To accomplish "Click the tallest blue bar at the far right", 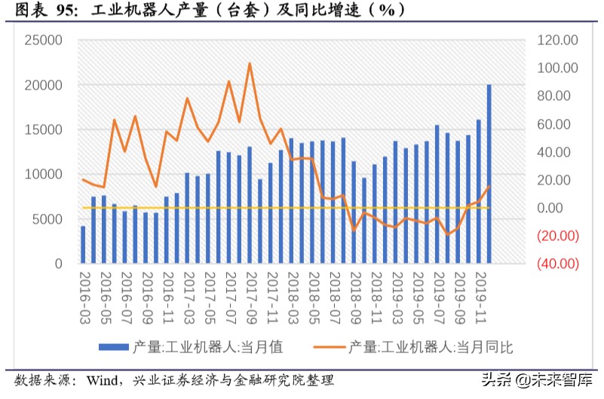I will pos(489,174).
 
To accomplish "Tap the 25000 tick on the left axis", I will pos(44,40).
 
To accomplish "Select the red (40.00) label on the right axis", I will pos(557,264).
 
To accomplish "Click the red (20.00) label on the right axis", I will pos(557,236).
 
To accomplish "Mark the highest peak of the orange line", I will pos(250,63).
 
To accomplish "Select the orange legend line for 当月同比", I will pos(326,347).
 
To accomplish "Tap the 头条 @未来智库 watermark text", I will pos(541,379).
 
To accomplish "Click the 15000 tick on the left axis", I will pos(44,129).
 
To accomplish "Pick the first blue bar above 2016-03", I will pos(83,245).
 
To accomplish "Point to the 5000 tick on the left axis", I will pos(47,219).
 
